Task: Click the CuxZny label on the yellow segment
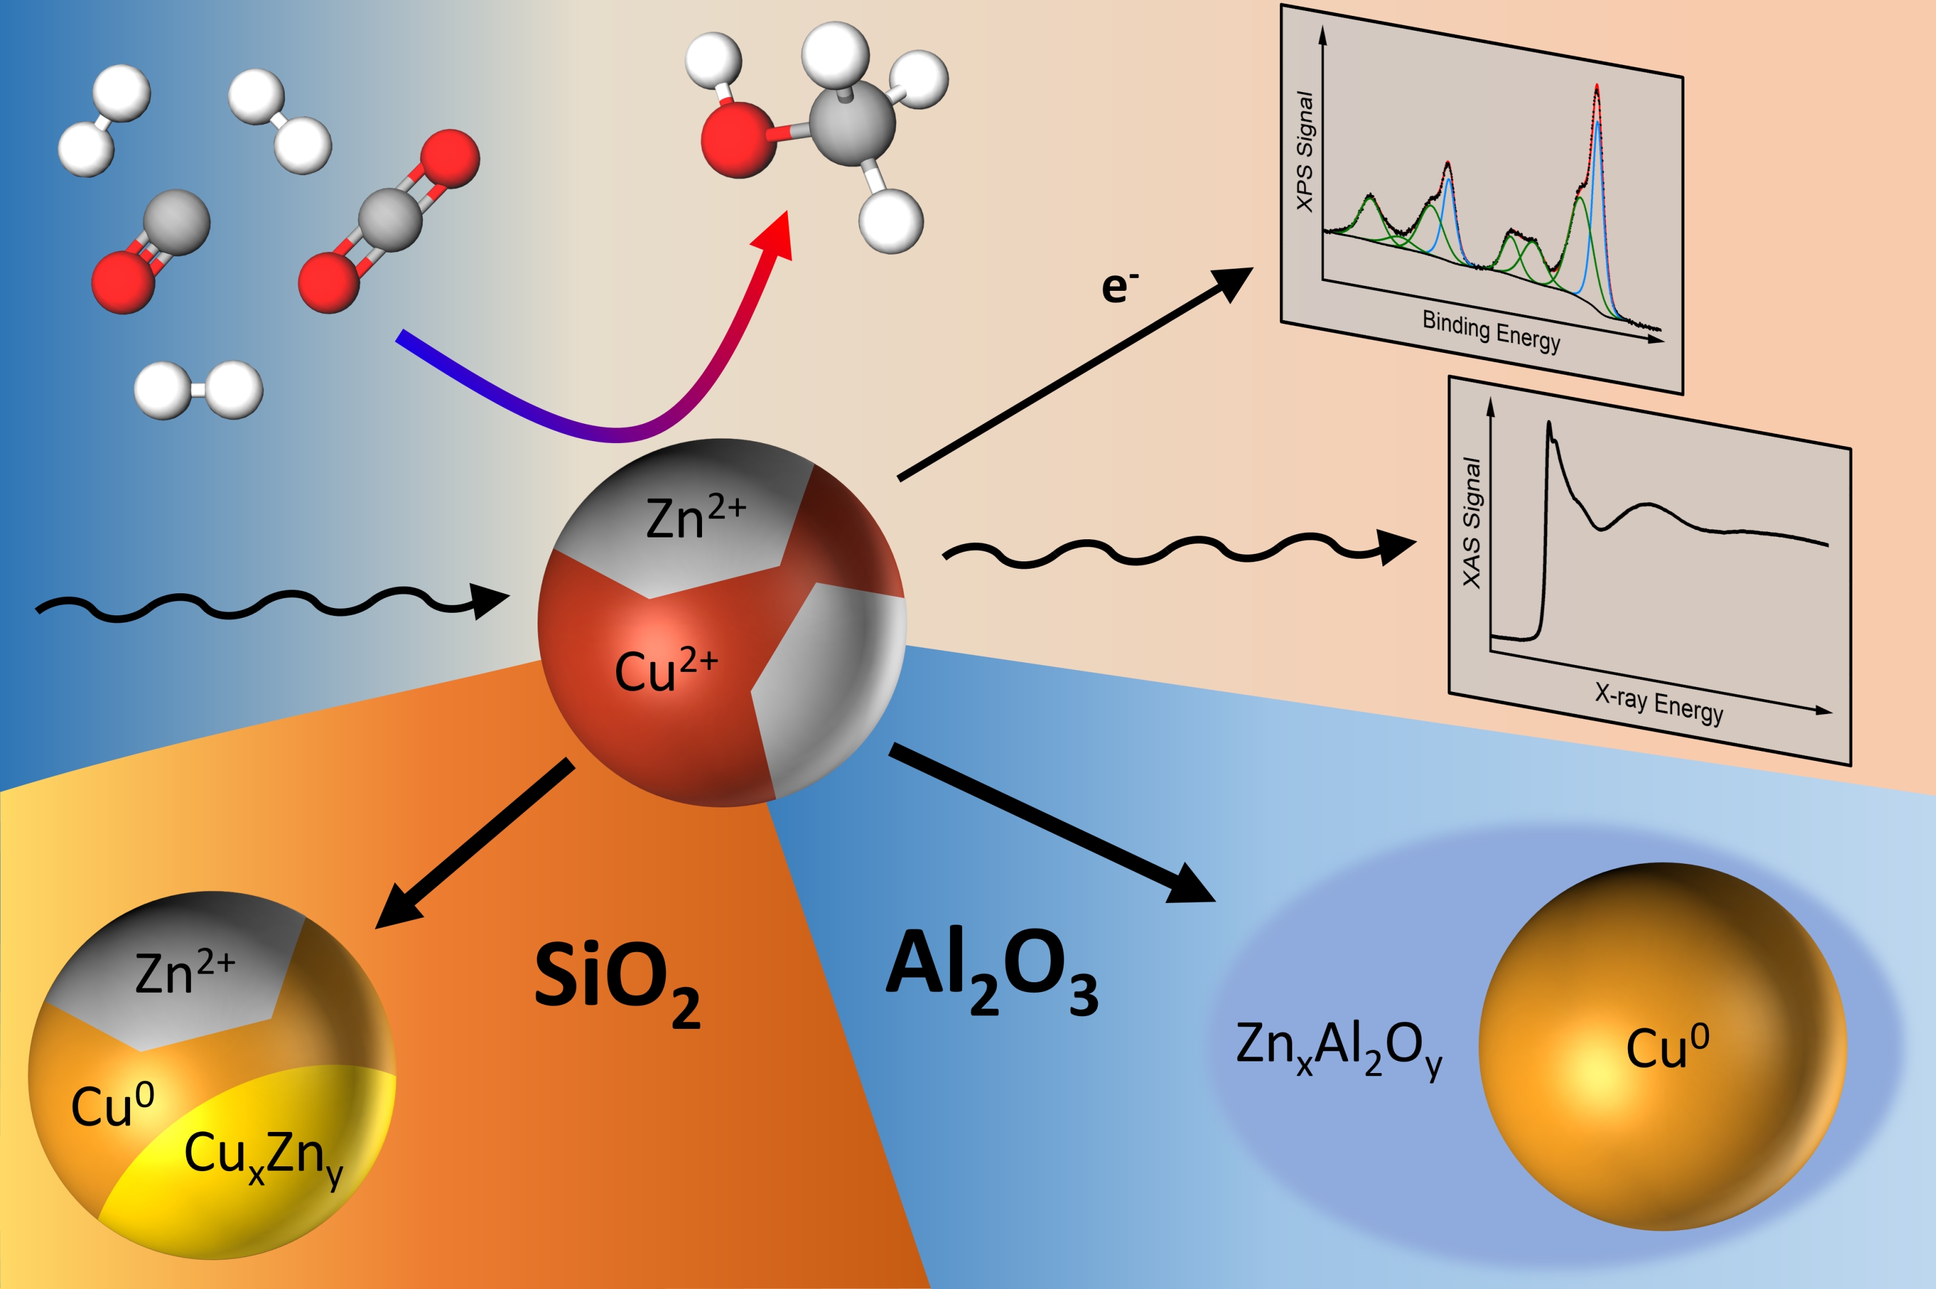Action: [x=262, y=1156]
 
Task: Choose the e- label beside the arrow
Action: [x=1119, y=286]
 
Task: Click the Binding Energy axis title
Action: [x=1491, y=331]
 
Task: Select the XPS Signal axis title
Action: [x=1305, y=152]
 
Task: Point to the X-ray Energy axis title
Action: [x=1658, y=704]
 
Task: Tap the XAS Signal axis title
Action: [x=1471, y=522]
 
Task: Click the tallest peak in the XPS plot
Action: [x=1597, y=87]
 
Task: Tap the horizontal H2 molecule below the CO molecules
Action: [x=198, y=390]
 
